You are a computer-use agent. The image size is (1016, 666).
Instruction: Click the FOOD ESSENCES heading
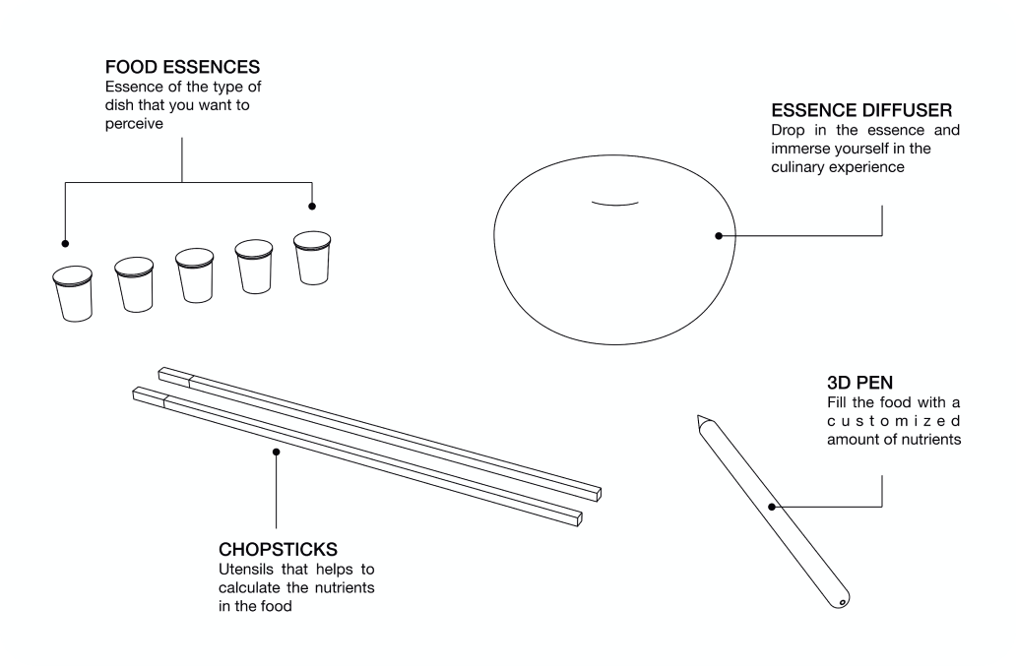coord(182,67)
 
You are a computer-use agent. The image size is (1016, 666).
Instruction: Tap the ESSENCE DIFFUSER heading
coord(861,110)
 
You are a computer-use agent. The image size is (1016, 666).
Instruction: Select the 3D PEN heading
coord(859,383)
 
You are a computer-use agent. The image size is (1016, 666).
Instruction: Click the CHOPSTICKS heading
coord(278,550)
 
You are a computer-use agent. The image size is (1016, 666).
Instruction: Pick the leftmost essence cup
coord(73,293)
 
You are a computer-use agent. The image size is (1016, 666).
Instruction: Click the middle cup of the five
coord(194,275)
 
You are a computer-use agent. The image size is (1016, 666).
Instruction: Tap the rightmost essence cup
coord(312,258)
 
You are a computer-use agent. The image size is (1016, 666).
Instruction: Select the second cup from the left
coord(134,284)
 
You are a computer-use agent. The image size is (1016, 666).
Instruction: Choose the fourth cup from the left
coord(254,267)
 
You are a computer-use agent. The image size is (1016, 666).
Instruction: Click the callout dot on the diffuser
coord(719,235)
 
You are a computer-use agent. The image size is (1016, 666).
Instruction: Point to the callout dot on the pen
coord(772,507)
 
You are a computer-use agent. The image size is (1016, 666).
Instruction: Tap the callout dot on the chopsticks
coord(276,452)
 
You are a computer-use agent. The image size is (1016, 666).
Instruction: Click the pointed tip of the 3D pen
coord(699,416)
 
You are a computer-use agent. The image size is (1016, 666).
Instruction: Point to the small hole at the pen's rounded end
coord(842,603)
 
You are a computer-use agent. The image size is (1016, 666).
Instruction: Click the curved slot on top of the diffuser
coord(615,204)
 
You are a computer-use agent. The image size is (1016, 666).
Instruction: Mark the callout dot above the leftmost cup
coord(65,243)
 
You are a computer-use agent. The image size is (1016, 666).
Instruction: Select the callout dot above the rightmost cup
coord(312,207)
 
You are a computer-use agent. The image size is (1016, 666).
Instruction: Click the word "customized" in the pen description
coord(894,421)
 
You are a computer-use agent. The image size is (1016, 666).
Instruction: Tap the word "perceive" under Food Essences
coord(134,124)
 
